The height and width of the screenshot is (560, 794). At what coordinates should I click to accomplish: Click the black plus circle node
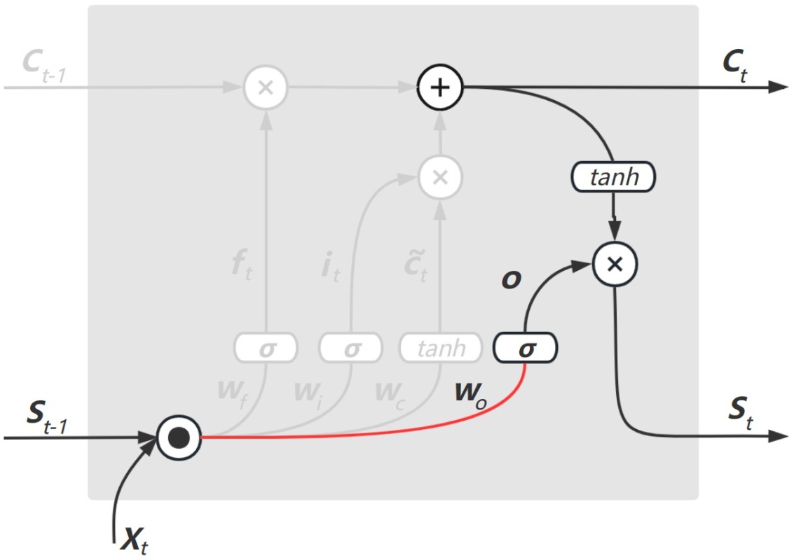pyautogui.click(x=439, y=87)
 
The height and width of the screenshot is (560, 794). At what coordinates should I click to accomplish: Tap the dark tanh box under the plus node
pyautogui.click(x=614, y=176)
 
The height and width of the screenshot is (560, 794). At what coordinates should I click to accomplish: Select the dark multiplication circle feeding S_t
pyautogui.click(x=614, y=264)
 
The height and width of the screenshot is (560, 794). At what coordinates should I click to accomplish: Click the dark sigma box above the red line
pyautogui.click(x=526, y=347)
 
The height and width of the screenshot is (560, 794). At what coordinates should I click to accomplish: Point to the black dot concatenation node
pyautogui.click(x=179, y=438)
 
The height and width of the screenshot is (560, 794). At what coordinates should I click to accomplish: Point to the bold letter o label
pyautogui.click(x=510, y=278)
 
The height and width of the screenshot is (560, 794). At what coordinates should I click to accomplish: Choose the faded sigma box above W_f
pyautogui.click(x=266, y=347)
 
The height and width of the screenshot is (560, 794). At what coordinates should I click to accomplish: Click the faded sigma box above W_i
pyautogui.click(x=350, y=347)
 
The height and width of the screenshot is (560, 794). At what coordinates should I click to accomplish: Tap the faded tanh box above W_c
pyautogui.click(x=442, y=347)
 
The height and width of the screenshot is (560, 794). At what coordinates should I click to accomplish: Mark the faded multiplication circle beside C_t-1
pyautogui.click(x=266, y=88)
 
